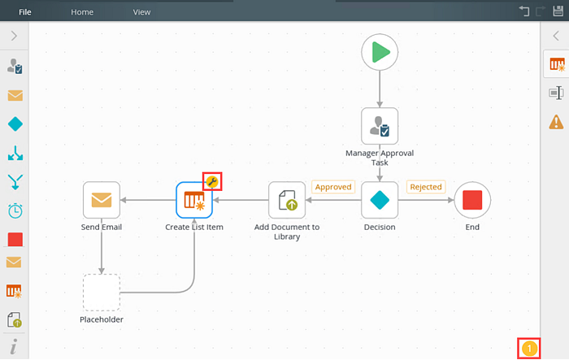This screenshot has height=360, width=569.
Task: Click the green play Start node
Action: point(380,52)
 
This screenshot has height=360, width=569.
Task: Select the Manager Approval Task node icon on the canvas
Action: point(380,126)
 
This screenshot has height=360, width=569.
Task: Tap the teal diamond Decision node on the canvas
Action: point(380,200)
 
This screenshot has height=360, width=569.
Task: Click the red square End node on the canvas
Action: point(472,200)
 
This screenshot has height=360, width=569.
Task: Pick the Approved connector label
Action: point(333,187)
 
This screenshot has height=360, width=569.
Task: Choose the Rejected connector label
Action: point(426,187)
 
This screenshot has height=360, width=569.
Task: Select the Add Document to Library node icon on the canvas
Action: point(287,200)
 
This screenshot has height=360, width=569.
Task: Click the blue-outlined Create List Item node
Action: point(194,200)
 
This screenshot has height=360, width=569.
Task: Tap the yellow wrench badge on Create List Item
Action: point(212,181)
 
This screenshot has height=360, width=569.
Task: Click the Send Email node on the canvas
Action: point(102,200)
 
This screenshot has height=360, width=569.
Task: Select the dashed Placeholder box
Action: point(102,293)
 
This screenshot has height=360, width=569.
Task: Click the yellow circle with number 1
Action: point(529,349)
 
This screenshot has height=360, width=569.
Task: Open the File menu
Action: point(25,12)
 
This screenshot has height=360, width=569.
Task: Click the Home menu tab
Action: point(82,12)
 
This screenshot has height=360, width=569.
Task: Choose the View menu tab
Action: point(141,12)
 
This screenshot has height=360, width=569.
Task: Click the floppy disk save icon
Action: point(558,11)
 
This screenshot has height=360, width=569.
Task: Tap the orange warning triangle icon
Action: point(556,122)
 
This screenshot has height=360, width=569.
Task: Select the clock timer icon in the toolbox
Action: point(15,210)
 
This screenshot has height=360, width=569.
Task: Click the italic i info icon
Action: point(14,346)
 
